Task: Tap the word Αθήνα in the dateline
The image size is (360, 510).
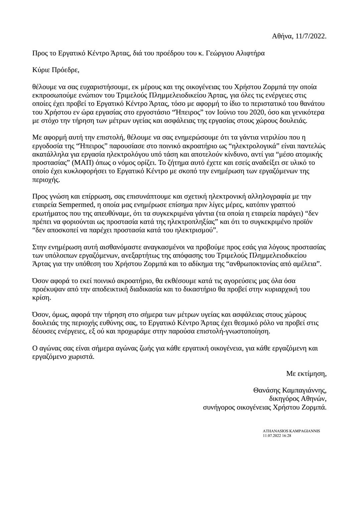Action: coord(283,36)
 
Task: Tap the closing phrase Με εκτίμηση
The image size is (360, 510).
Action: coord(306,373)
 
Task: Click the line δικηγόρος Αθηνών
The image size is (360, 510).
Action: coord(298,399)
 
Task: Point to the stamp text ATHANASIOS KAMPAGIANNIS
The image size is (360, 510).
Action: coord(291,431)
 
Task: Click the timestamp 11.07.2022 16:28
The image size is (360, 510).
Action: coord(277,435)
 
